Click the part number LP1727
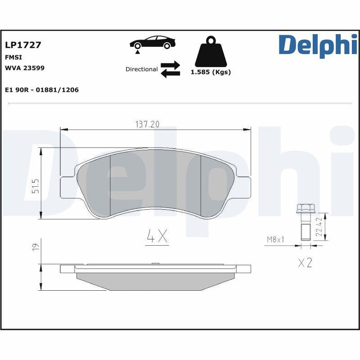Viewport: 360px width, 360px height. point(23,45)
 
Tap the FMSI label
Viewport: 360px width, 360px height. point(13,57)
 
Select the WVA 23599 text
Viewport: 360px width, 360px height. point(24,68)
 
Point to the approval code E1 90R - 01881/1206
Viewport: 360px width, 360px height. point(41,90)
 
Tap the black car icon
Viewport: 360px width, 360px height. point(153,42)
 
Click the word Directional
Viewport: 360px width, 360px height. point(141,69)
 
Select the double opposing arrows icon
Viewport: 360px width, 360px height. point(170,69)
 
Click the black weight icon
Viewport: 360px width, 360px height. point(211,52)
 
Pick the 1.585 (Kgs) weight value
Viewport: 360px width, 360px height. point(211,72)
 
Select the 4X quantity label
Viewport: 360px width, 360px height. point(157,236)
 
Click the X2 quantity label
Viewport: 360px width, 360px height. point(305,263)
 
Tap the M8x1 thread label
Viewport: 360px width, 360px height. point(275,240)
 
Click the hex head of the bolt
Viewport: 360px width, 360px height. point(305,209)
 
